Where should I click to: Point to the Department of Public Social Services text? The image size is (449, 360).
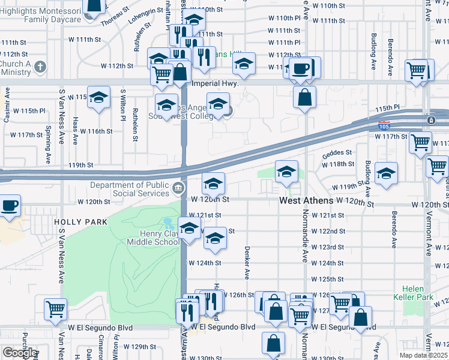130,189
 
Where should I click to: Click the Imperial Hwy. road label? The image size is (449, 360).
215,83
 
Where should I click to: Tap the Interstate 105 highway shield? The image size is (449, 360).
383,126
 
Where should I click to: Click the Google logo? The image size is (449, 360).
19,353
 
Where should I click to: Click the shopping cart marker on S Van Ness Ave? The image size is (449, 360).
55,310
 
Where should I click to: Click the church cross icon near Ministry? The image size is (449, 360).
40,67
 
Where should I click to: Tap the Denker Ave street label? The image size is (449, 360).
246,262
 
